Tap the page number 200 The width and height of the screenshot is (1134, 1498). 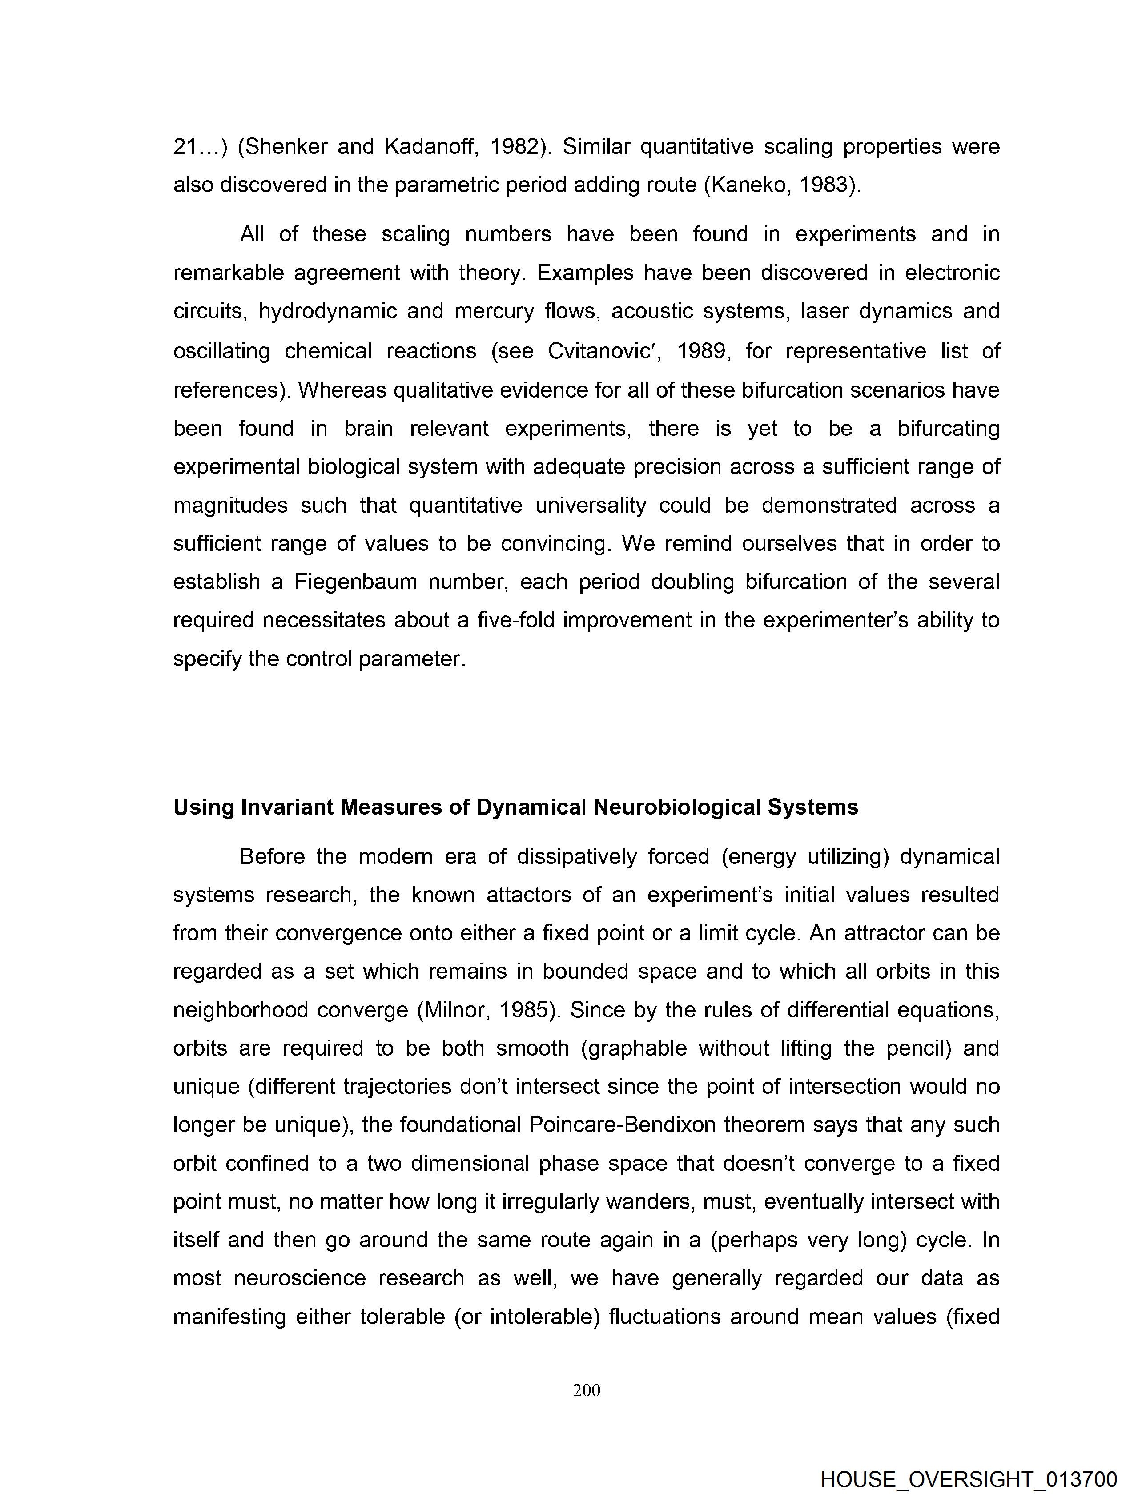pos(586,1390)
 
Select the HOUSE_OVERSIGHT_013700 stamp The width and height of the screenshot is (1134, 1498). pos(968,1478)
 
